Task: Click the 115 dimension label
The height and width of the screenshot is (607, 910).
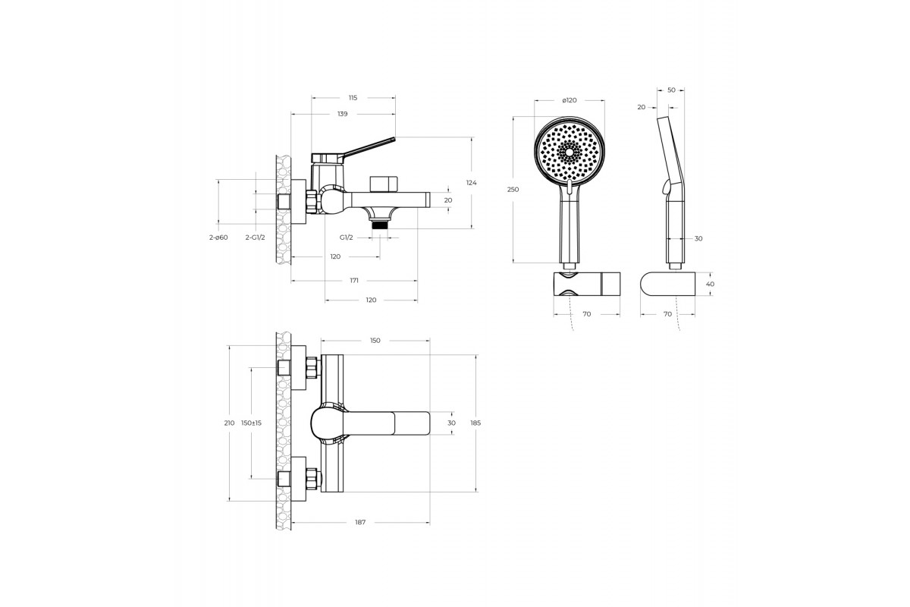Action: click(353, 98)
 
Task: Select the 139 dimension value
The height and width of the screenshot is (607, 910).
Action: click(343, 114)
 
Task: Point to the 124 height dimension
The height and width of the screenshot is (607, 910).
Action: click(471, 183)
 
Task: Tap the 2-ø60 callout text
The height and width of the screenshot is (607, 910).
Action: click(218, 237)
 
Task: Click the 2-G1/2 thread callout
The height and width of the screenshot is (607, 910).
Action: click(255, 237)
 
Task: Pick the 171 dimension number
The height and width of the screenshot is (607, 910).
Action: click(354, 281)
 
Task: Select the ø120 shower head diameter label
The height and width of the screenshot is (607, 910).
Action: click(570, 100)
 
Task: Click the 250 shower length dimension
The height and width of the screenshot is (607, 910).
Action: click(513, 190)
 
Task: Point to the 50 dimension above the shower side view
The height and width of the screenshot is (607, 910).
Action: click(671, 90)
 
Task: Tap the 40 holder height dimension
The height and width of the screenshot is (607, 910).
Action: click(710, 285)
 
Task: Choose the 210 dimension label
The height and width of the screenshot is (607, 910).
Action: click(229, 423)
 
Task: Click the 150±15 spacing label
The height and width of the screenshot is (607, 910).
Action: click(251, 423)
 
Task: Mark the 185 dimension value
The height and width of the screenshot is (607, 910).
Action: click(475, 423)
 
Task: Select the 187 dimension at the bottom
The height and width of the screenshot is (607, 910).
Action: click(360, 523)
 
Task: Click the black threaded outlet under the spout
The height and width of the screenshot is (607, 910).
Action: click(380, 225)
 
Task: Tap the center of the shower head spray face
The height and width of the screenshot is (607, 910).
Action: click(570, 153)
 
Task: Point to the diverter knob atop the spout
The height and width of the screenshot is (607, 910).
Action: click(384, 184)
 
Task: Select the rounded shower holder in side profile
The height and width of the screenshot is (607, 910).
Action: click(667, 284)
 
